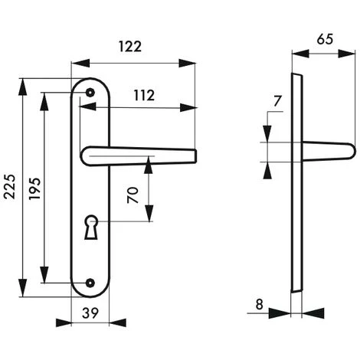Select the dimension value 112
tap(142, 96)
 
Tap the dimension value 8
tap(260, 304)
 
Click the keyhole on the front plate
tap(93, 227)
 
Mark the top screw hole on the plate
tap(90, 92)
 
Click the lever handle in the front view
tap(138, 155)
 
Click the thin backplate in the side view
tap(295, 184)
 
